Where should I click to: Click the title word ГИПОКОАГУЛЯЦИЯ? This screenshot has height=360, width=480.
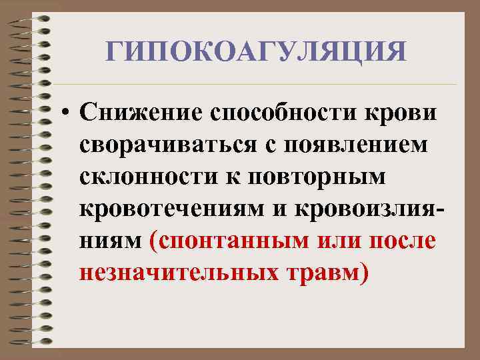(x=256, y=51)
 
